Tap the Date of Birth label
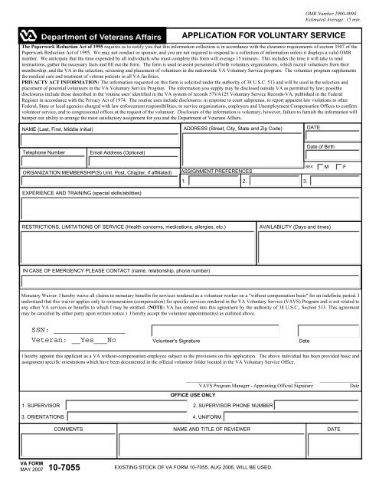coord(322,145)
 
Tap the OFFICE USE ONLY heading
coord(192,395)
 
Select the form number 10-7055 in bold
coord(63,467)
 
